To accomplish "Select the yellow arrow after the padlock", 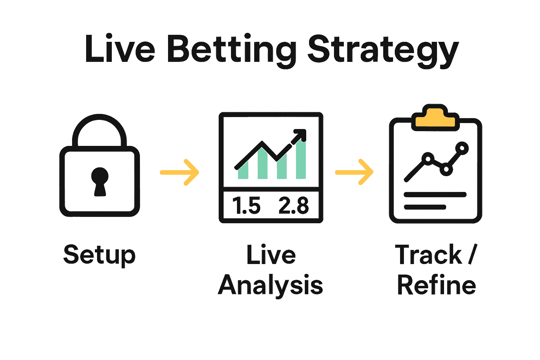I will coord(180,172).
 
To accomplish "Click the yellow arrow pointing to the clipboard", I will coord(354,172).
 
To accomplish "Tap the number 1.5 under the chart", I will coord(246,206).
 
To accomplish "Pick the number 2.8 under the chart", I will coord(294,206).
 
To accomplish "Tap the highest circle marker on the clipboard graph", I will coord(462,148).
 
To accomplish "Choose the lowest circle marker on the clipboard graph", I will coord(446,169).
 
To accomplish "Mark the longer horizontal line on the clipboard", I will coord(435,194).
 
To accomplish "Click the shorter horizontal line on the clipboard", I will coord(425,207).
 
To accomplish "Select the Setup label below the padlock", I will coord(99,255).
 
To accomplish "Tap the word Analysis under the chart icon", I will coord(270,285).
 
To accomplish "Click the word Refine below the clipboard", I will coord(436,285).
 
